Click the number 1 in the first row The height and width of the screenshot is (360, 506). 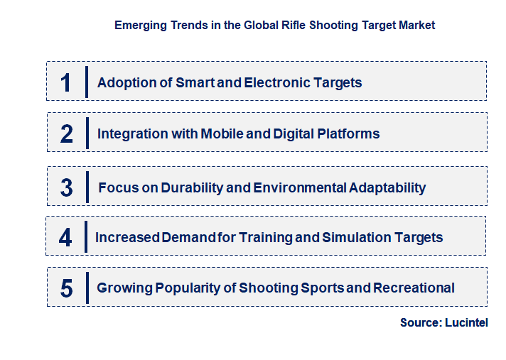click(x=66, y=82)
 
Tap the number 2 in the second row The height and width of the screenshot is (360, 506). click(x=67, y=133)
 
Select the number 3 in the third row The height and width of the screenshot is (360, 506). click(x=67, y=188)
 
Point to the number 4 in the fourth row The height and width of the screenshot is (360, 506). click(x=65, y=237)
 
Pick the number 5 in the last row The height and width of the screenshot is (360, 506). click(x=67, y=288)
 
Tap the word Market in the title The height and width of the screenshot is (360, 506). click(x=416, y=25)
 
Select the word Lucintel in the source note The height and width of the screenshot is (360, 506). click(x=467, y=322)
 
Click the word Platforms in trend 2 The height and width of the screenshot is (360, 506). click(x=347, y=133)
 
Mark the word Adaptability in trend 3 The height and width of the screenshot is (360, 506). click(x=387, y=188)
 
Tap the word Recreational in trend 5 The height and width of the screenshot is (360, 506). click(x=414, y=288)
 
